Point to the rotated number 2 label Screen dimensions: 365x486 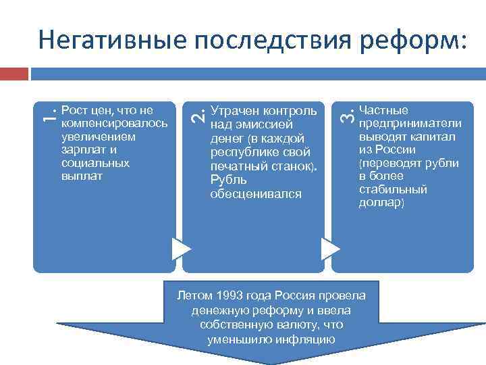[195, 116]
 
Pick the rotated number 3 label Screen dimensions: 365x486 [344, 116]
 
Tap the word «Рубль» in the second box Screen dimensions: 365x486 [228, 180]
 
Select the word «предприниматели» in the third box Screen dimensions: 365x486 [410, 123]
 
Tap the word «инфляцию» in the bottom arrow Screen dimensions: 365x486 [303, 338]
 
